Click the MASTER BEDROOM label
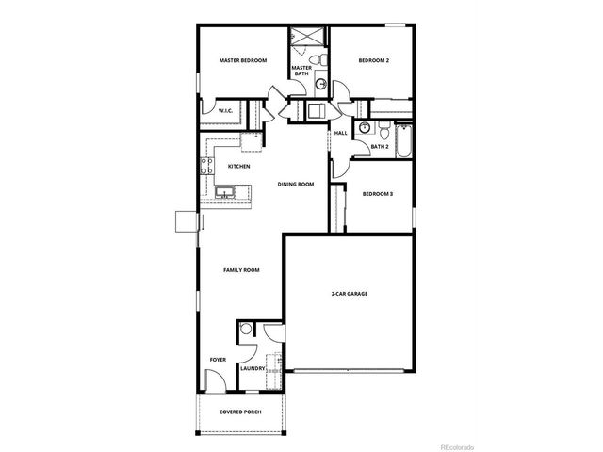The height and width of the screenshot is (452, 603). pyautogui.click(x=243, y=61)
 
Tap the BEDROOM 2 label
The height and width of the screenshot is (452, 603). pyautogui.click(x=373, y=61)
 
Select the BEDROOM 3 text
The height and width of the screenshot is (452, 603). pyautogui.click(x=377, y=194)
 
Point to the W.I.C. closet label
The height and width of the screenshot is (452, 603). pyautogui.click(x=226, y=111)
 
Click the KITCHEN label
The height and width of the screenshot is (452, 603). pyautogui.click(x=238, y=167)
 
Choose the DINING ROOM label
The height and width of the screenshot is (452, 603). pyautogui.click(x=295, y=184)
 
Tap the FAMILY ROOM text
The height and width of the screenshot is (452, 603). pyautogui.click(x=241, y=270)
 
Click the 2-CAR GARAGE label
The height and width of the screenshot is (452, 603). pyautogui.click(x=349, y=295)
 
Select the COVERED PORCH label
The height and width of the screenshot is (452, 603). pyautogui.click(x=240, y=412)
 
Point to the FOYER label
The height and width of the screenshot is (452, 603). pyautogui.click(x=218, y=359)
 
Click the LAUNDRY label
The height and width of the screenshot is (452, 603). pyautogui.click(x=252, y=368)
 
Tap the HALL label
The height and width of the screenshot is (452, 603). pyautogui.click(x=341, y=133)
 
